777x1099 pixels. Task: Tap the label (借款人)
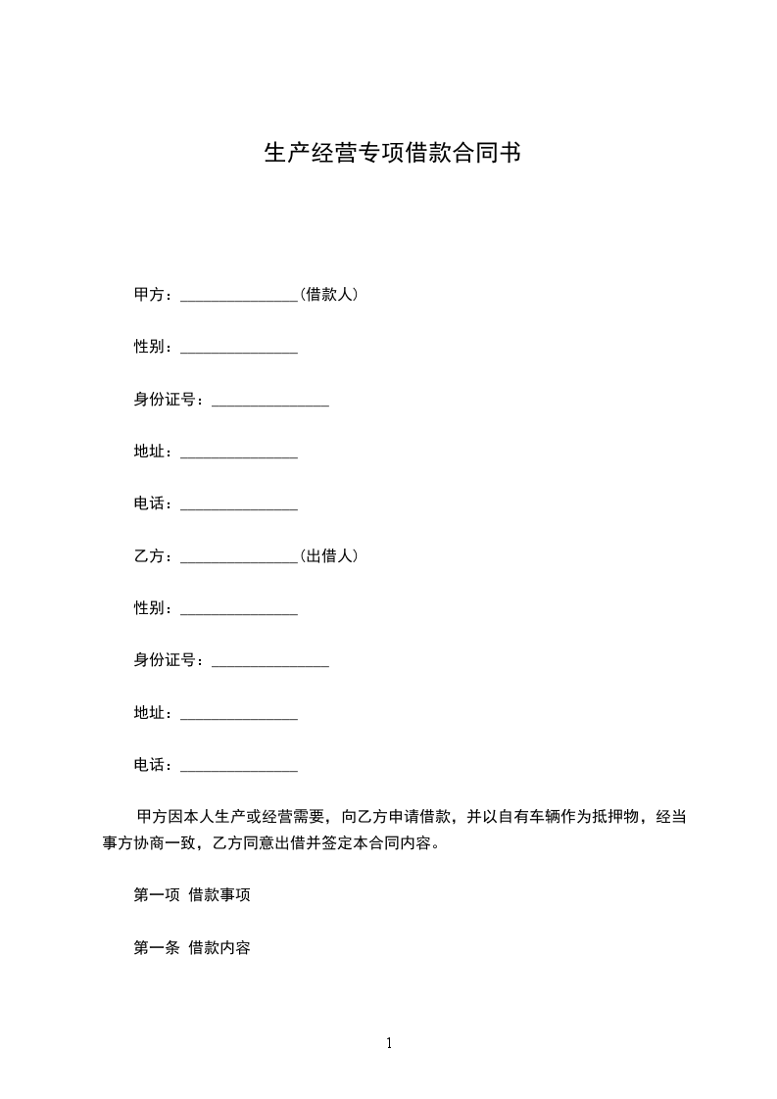click(328, 294)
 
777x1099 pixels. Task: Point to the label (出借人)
click(328, 555)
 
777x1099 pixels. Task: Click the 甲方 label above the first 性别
click(149, 294)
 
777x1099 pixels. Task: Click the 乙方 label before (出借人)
click(149, 555)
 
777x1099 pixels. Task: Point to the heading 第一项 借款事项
click(184, 894)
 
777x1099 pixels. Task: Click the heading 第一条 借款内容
click(191, 947)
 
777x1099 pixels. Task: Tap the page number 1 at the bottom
click(389, 1043)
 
